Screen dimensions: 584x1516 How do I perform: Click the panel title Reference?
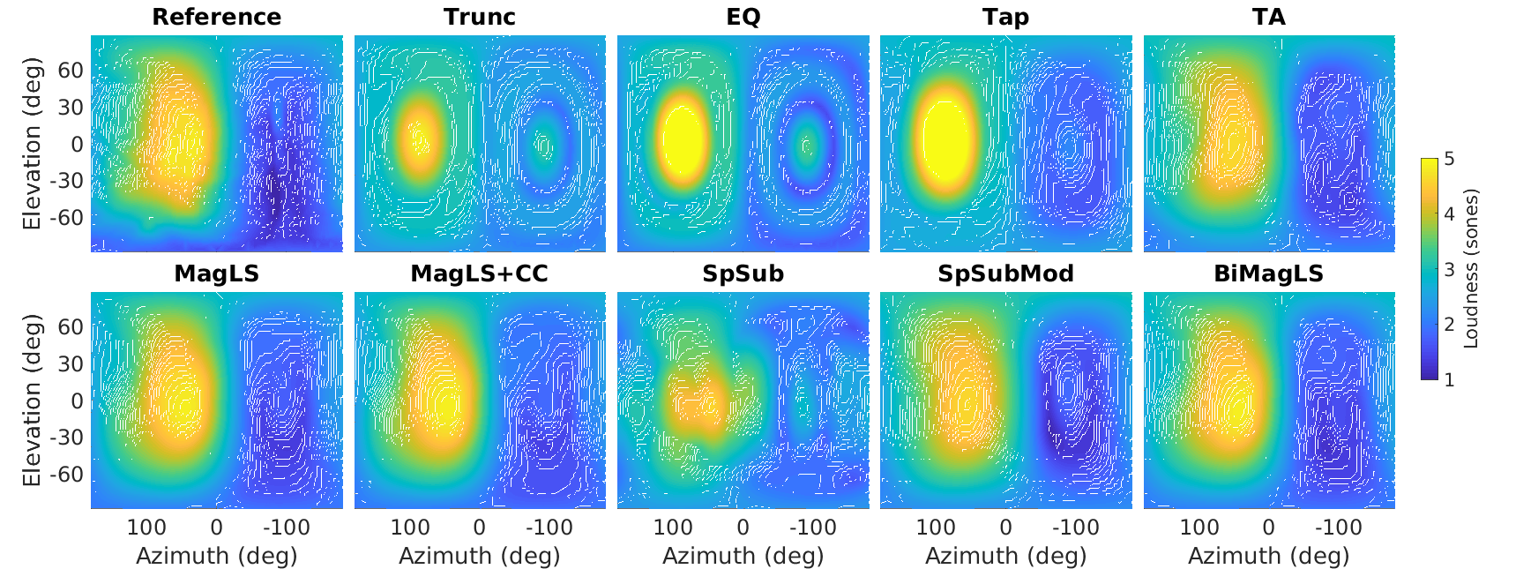(x=216, y=17)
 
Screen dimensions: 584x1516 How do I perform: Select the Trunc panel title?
(x=480, y=17)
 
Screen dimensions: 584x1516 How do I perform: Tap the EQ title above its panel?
(x=743, y=17)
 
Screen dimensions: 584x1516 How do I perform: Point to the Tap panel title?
(x=1005, y=17)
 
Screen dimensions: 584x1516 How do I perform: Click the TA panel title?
(x=1268, y=17)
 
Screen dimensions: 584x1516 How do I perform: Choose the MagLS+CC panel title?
(x=480, y=273)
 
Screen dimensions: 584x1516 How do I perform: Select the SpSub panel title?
(x=743, y=273)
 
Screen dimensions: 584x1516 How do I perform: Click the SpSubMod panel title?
(x=1005, y=273)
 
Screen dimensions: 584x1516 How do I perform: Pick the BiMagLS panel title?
(x=1268, y=273)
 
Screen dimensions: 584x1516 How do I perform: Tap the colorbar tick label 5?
(x=1449, y=160)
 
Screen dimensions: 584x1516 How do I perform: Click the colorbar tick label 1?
(x=1449, y=379)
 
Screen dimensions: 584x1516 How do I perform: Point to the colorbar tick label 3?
(x=1449, y=270)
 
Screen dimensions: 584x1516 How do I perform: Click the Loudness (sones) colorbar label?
(x=1470, y=269)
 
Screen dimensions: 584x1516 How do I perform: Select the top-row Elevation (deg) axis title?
(x=33, y=144)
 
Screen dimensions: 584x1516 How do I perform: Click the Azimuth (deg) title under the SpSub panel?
(x=743, y=556)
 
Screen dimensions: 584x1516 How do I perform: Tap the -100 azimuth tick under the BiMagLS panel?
(x=1338, y=528)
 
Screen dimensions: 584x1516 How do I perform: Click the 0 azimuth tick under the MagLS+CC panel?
(x=479, y=528)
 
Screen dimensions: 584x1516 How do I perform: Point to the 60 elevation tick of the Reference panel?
(x=71, y=71)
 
